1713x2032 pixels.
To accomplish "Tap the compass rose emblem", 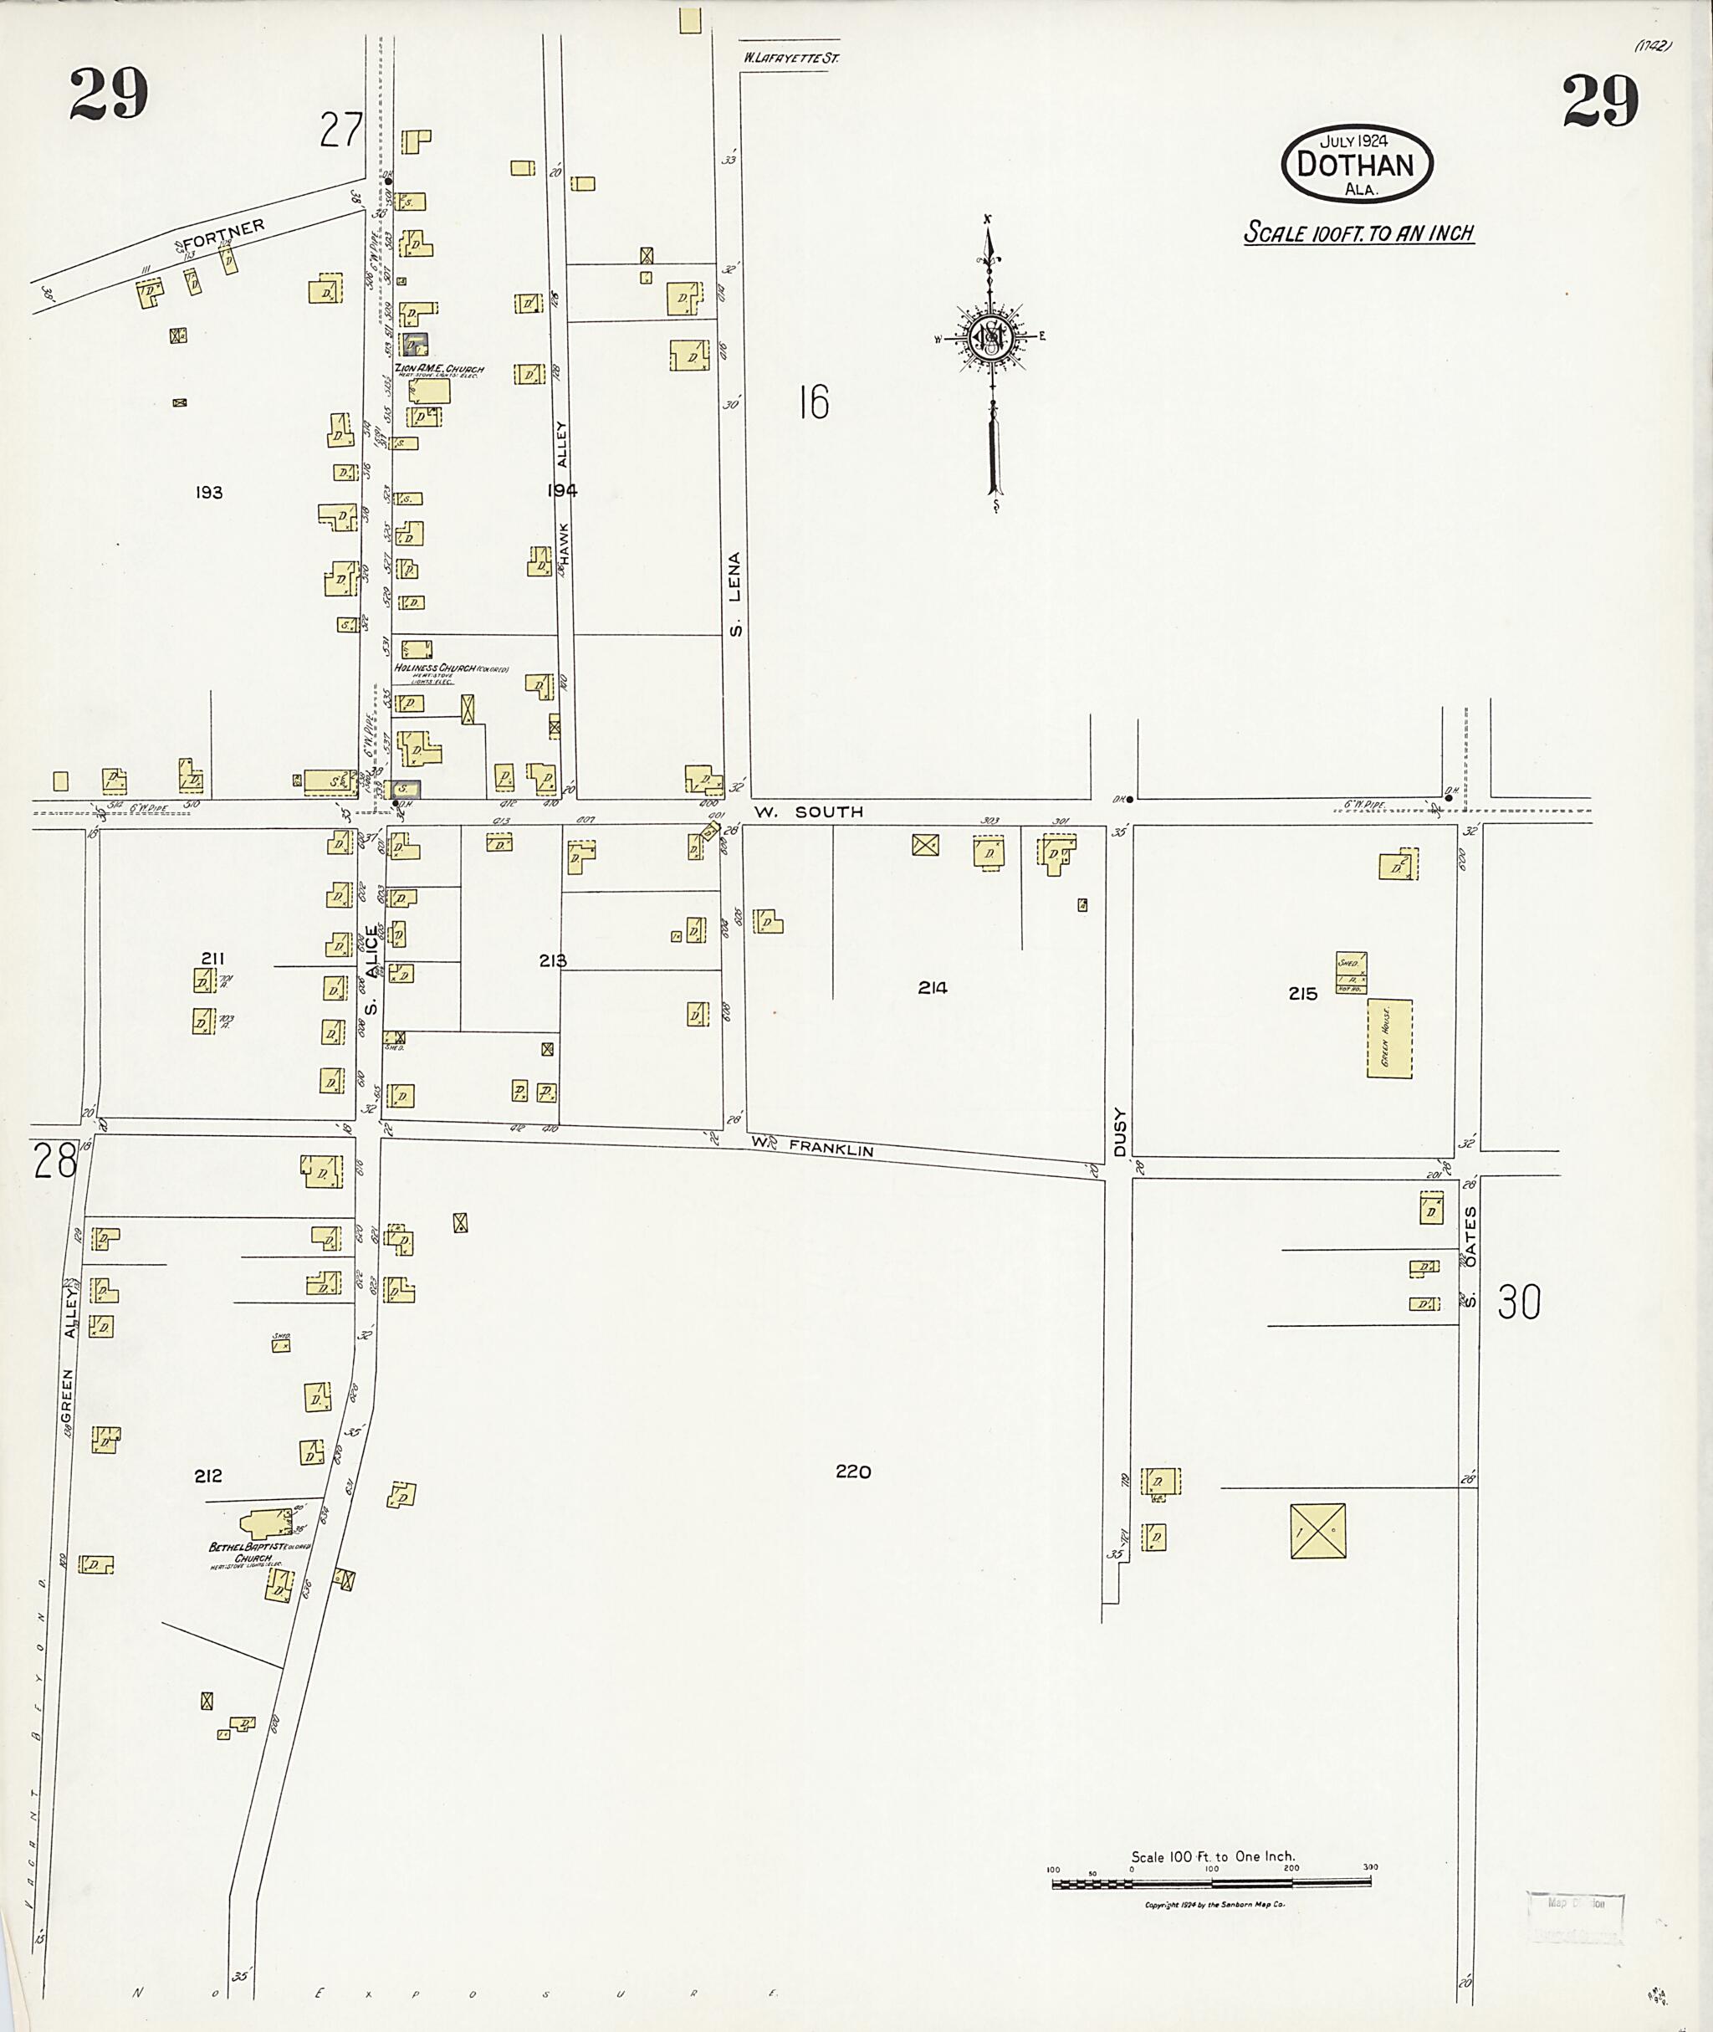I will [991, 337].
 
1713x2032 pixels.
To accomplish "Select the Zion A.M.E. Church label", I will [438, 369].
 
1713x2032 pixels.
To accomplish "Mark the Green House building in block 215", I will [1388, 1038].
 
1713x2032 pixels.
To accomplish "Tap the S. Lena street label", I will [736, 595].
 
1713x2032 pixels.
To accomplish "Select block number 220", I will [852, 1472].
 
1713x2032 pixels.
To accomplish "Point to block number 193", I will [209, 493].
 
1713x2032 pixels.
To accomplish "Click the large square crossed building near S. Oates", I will [1317, 1532].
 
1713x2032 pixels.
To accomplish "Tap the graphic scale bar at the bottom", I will [1211, 1883].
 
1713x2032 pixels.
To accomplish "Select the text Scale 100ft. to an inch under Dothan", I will [1358, 233].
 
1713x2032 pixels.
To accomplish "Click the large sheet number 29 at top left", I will [109, 95].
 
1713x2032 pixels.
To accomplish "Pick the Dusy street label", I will [1118, 1132].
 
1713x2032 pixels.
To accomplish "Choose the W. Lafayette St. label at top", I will [790, 59].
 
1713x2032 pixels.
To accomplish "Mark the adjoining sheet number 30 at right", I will [1519, 1302].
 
